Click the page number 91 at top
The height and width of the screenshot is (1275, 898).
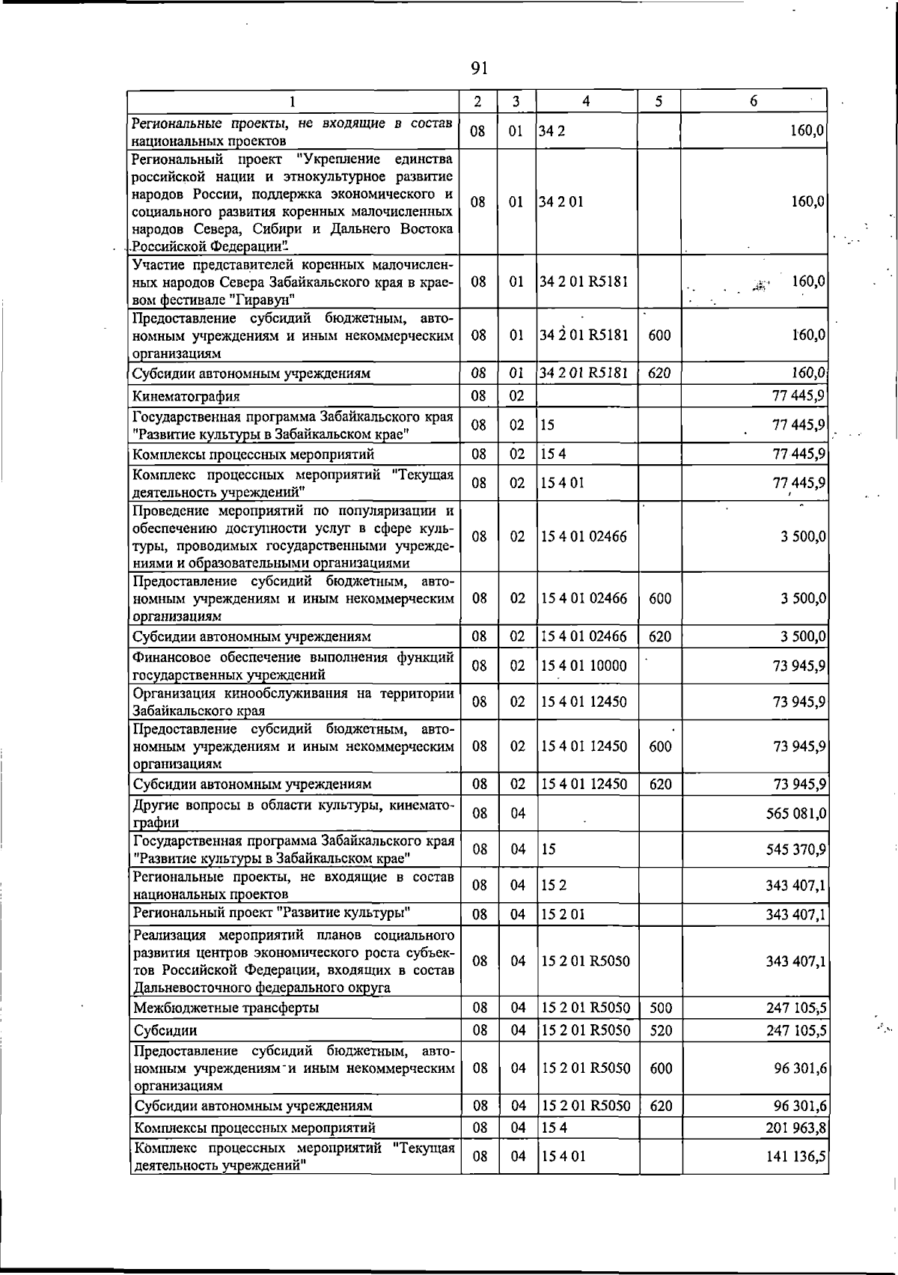tap(480, 69)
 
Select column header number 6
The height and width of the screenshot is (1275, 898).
tap(754, 101)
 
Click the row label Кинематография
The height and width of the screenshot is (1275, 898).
tap(186, 396)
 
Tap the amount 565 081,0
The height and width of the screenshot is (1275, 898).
tap(795, 814)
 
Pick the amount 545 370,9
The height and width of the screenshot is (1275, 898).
tap(795, 850)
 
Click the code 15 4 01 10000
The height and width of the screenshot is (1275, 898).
tap(584, 666)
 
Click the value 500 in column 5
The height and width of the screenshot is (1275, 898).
tap(661, 1008)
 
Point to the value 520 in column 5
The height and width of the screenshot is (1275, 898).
tap(661, 1031)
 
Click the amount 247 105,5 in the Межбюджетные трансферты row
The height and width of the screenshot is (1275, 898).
tap(795, 1008)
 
